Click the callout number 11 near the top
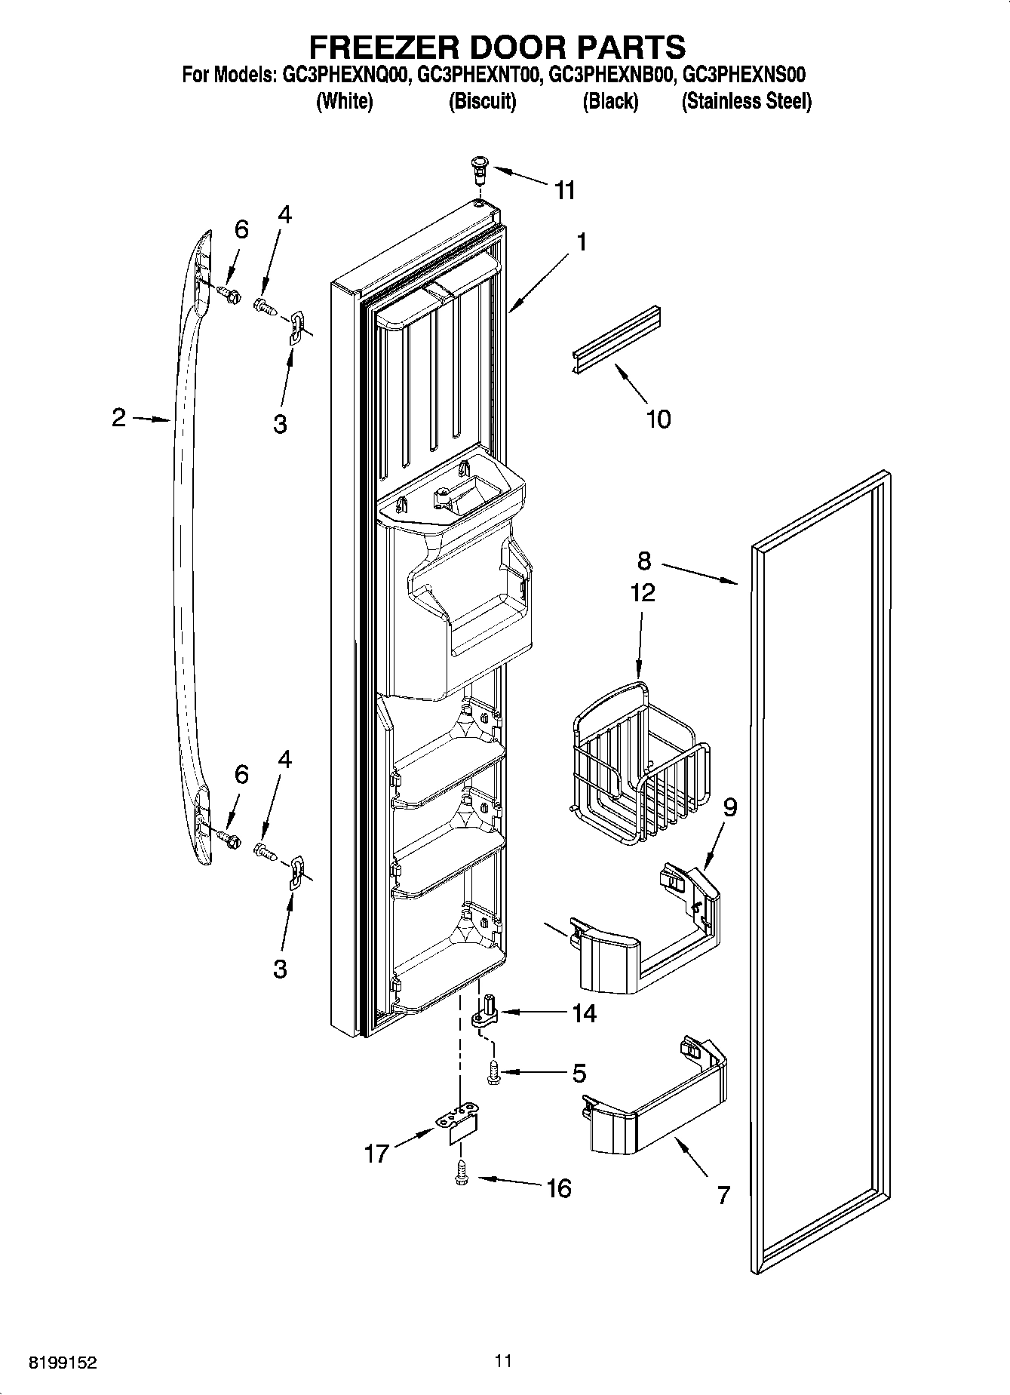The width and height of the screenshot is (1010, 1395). click(x=565, y=190)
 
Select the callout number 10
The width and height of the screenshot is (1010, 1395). click(x=658, y=419)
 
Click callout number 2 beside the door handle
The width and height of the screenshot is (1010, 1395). click(x=119, y=417)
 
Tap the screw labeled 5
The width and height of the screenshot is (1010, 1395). click(x=493, y=1072)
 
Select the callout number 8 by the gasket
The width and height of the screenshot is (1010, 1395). click(x=643, y=561)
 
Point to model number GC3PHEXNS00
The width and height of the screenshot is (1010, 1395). click(x=744, y=75)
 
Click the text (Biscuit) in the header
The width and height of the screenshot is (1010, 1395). click(x=482, y=101)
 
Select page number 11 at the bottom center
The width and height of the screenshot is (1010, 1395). click(x=503, y=1361)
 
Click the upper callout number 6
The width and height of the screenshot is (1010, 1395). click(x=241, y=229)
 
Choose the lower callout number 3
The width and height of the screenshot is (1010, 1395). click(x=280, y=969)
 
